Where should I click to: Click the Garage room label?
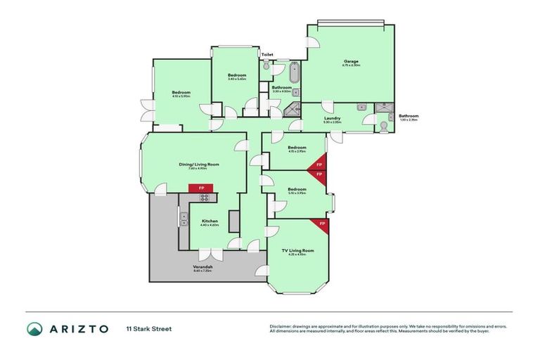point(352,61)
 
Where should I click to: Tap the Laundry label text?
point(333,118)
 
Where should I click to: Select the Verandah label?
point(202,267)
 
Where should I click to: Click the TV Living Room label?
point(297,250)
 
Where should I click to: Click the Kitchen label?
point(210,221)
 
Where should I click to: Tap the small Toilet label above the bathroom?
point(267,54)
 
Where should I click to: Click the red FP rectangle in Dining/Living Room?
point(201,188)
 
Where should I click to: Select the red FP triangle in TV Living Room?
point(322,224)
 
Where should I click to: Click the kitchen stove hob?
point(204,198)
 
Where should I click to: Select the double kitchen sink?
point(183,219)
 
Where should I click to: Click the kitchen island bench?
point(234,221)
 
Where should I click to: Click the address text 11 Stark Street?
point(149,328)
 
